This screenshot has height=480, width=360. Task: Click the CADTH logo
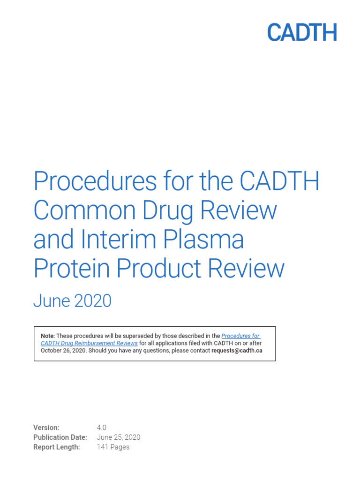pos(302,33)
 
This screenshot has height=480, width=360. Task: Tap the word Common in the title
pos(80,210)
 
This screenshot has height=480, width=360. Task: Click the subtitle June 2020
pos(72,301)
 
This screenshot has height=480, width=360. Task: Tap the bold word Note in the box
pos(47,336)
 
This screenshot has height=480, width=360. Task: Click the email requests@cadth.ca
pos(237,350)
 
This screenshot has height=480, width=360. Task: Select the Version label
pos(46,427)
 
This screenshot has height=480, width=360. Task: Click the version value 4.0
pos(102,427)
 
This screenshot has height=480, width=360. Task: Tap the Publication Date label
pos(60,437)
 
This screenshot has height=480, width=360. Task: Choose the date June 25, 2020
pos(118,437)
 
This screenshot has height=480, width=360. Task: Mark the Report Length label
pos(56,447)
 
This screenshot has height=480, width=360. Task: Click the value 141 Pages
pos(113,447)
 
